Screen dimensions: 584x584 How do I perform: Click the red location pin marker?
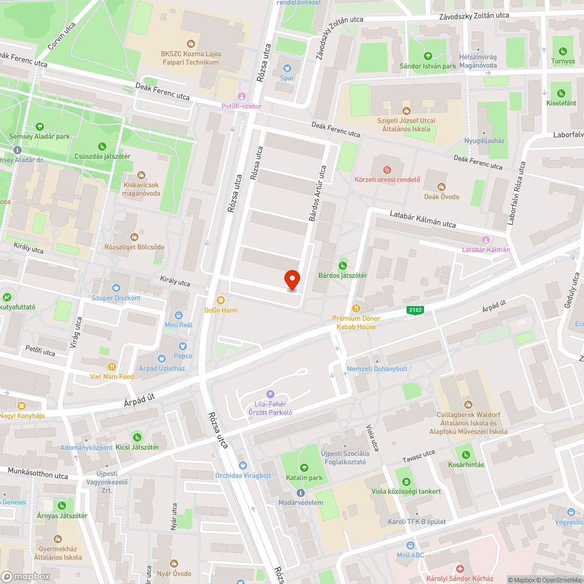[292, 280]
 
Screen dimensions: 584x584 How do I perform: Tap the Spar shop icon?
[287, 67]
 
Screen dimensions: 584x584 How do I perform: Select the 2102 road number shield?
[415, 312]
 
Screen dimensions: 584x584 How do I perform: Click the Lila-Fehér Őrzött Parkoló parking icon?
[270, 394]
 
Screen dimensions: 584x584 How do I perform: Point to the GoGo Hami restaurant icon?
[220, 300]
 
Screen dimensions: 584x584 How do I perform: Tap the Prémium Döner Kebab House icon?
[356, 308]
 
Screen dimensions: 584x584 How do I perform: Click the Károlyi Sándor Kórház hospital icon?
[460, 569]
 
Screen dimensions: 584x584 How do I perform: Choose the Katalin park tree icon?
[304, 467]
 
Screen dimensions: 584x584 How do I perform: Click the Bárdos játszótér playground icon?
[343, 266]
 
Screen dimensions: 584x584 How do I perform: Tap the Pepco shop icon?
[182, 346]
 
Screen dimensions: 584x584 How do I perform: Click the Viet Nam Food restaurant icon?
[112, 366]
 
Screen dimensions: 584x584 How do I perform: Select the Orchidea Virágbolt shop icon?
[243, 465]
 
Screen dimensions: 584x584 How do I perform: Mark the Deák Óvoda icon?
[442, 186]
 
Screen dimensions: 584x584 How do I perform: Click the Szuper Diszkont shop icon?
[116, 287]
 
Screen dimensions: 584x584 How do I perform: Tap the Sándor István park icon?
[427, 56]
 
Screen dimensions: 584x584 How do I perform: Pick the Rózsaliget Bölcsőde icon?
[134, 237]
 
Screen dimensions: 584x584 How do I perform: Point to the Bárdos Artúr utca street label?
[317, 193]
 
